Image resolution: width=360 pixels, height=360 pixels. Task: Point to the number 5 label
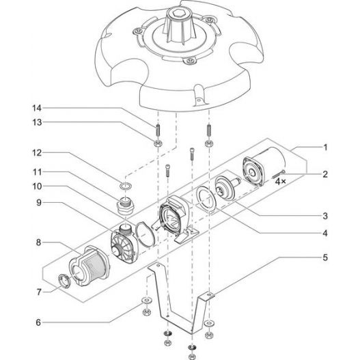[326, 258]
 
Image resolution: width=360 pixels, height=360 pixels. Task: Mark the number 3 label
[326, 215]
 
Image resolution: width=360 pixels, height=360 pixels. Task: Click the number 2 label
[326, 174]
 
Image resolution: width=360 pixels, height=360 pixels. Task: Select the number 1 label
[326, 147]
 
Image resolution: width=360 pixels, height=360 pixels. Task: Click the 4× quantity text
[280, 182]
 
